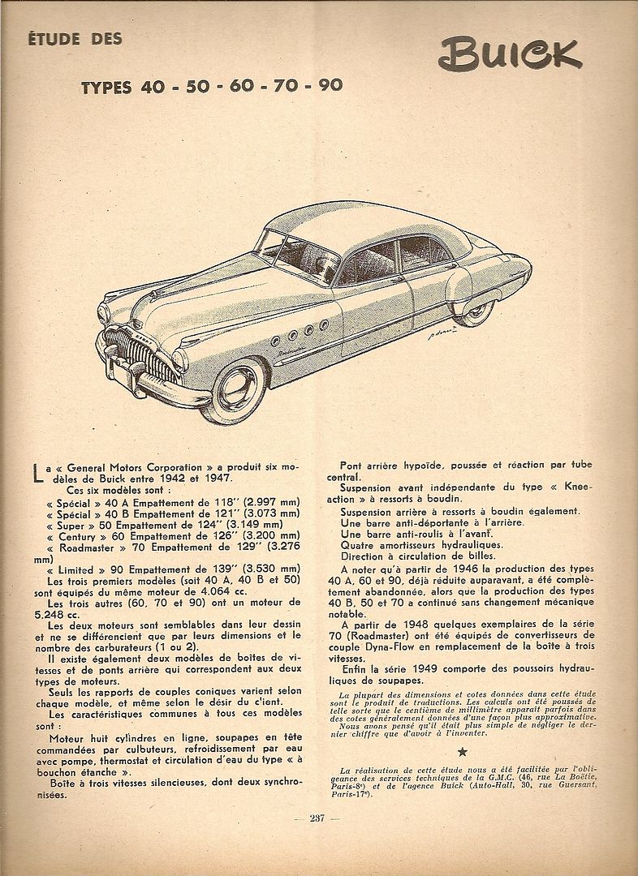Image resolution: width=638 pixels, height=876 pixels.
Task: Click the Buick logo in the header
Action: click(x=509, y=55)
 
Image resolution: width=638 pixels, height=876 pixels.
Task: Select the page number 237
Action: click(x=316, y=818)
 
